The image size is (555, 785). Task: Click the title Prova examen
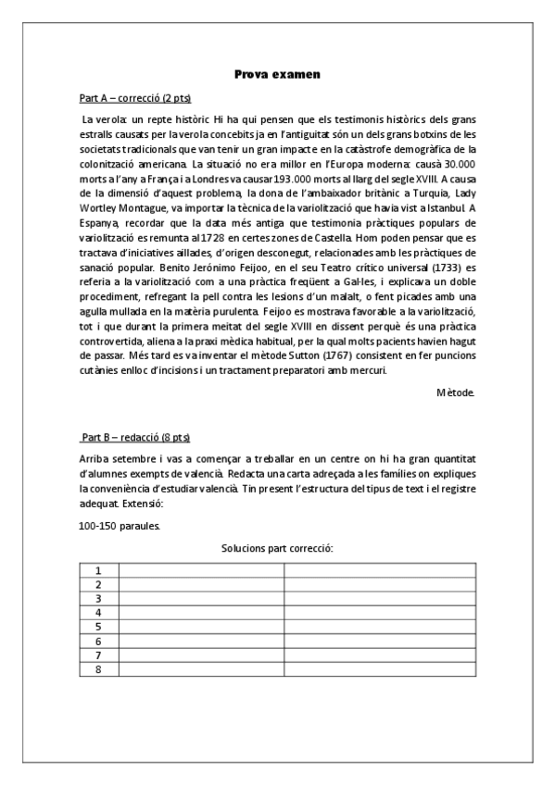pyautogui.click(x=277, y=73)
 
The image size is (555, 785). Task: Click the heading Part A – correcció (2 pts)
pyautogui.click(x=136, y=98)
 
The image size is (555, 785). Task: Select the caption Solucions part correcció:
pyautogui.click(x=277, y=549)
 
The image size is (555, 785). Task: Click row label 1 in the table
pyautogui.click(x=99, y=570)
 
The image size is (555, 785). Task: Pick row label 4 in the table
pyautogui.click(x=99, y=613)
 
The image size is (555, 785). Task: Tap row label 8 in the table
pyautogui.click(x=99, y=668)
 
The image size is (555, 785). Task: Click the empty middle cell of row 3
pyautogui.click(x=201, y=599)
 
